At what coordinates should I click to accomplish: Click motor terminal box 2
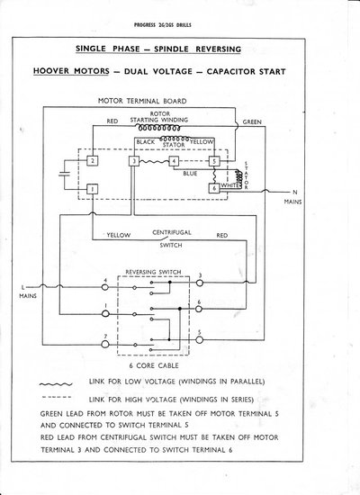point(92,160)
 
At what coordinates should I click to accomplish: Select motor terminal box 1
point(92,190)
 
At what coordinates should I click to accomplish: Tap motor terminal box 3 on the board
point(133,161)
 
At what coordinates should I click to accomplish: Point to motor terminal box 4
point(174,161)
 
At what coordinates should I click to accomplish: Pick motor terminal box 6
point(214,188)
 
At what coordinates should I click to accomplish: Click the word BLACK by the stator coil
point(145,142)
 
